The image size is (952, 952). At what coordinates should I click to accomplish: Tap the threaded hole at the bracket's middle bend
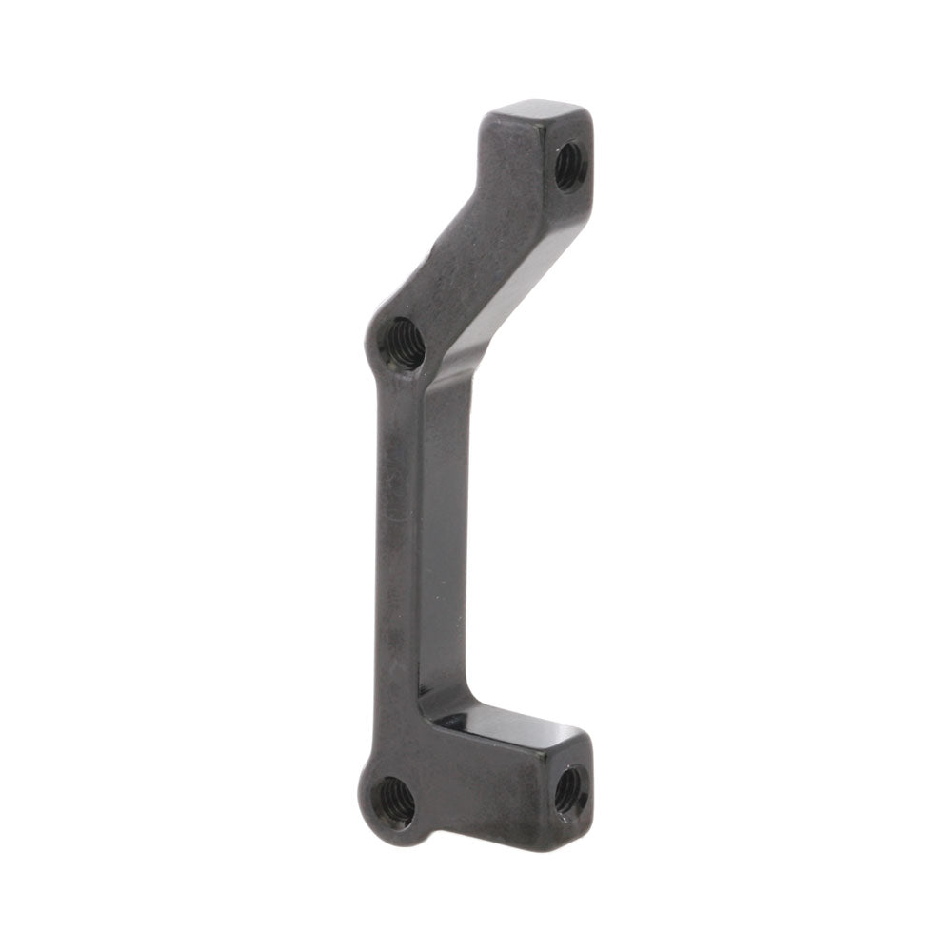pos(404,343)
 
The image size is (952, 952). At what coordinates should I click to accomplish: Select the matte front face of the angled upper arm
pos(476,238)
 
